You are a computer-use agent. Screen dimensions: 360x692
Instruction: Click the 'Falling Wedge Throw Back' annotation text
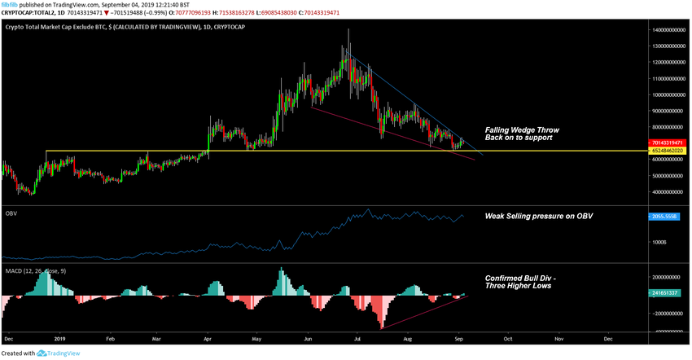tap(522, 134)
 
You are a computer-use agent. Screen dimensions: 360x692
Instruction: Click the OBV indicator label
tap(11, 213)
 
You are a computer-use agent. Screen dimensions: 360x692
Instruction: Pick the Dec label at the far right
tap(608, 336)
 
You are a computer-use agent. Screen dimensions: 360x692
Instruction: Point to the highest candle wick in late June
tap(348, 31)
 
